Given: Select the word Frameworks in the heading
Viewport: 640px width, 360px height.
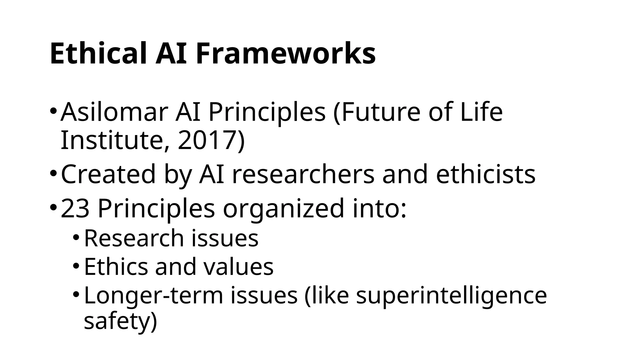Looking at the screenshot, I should click(286, 54).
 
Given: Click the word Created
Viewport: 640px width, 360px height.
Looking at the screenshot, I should click(108, 174).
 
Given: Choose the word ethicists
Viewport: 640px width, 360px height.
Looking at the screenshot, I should click(486, 174).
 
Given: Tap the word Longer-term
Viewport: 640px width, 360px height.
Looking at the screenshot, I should click(153, 296).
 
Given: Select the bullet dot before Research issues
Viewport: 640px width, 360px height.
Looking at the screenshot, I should click(76, 238).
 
